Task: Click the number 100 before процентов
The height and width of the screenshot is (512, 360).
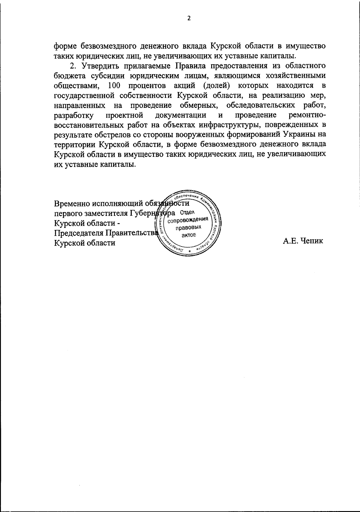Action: point(114,86)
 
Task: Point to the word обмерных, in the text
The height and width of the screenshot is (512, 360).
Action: point(199,105)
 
